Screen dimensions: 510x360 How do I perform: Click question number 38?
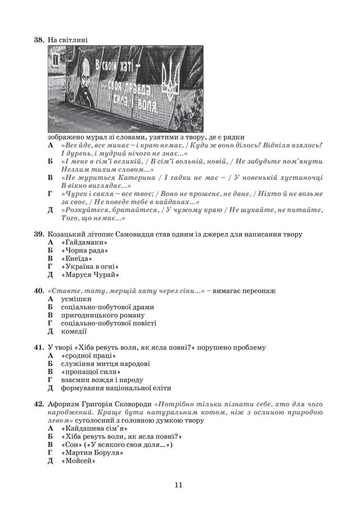pyautogui.click(x=39, y=40)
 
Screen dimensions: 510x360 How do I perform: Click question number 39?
pyautogui.click(x=39, y=234)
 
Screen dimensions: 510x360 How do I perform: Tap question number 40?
pyautogui.click(x=39, y=291)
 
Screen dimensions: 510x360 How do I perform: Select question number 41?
pyautogui.click(x=39, y=348)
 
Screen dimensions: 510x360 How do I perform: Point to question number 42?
pyautogui.click(x=39, y=405)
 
